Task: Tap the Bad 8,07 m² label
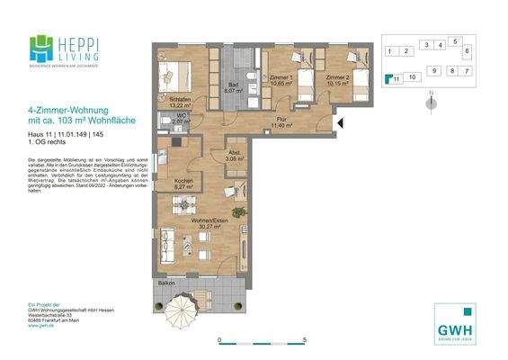pyautogui.click(x=232, y=87)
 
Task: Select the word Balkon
pyautogui.click(x=166, y=283)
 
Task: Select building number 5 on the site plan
pyautogui.click(x=456, y=41)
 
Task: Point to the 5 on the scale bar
pyautogui.click(x=306, y=340)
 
